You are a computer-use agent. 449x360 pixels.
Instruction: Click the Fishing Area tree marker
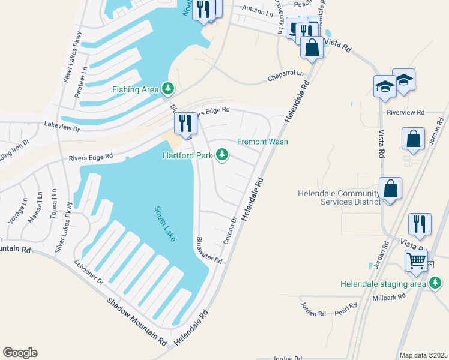coord(169,89)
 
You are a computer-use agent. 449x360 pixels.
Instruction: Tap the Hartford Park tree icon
coord(223,155)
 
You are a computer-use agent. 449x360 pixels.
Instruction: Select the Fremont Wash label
coord(262,142)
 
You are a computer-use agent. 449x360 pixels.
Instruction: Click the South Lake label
coord(165,224)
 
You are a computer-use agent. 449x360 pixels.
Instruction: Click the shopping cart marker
coord(416,261)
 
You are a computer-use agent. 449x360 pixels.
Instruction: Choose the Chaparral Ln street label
coord(286,77)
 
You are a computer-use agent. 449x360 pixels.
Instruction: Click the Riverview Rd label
coord(406,112)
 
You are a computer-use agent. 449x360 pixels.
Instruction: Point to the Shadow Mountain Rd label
coord(136,322)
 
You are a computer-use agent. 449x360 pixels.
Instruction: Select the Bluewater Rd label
coord(209,250)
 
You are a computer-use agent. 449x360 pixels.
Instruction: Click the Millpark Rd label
coord(390,296)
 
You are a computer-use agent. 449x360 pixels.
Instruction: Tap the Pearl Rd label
coord(346,308)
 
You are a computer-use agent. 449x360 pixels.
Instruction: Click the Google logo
coord(20,353)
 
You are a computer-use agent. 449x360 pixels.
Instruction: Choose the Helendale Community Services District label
coord(339,197)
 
